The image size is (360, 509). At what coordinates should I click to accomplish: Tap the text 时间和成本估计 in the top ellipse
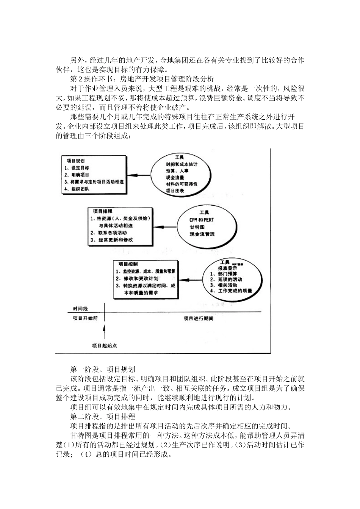[182, 164]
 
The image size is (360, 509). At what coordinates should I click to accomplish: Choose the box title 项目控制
[128, 264]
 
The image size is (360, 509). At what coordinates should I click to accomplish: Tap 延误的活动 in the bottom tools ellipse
[228, 279]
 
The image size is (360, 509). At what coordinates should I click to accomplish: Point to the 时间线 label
[81, 309]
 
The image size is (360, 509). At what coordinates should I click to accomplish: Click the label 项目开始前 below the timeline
[85, 318]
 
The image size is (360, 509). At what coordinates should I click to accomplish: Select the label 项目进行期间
[199, 319]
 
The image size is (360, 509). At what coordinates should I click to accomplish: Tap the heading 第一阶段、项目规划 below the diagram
[102, 369]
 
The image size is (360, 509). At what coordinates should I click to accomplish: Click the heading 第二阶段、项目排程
[102, 417]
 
